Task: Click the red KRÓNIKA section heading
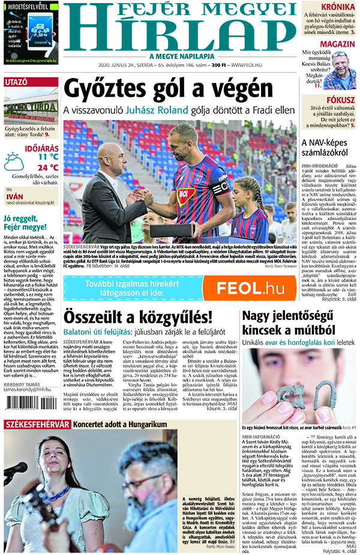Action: point(338,8)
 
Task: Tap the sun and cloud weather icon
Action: point(14,162)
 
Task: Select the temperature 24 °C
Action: point(47,167)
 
